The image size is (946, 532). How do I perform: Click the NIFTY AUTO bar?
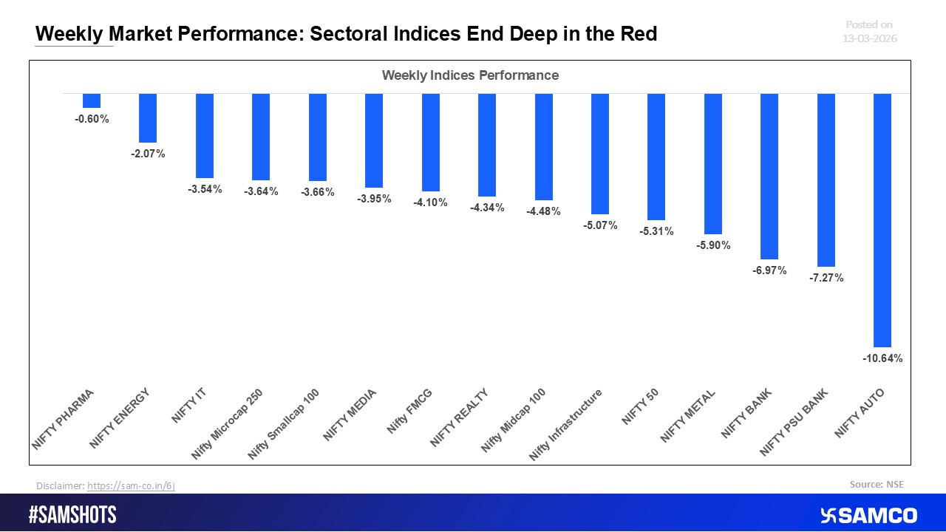coord(882,220)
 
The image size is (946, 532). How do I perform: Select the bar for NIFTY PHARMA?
coord(92,101)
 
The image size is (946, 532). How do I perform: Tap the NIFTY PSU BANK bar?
coord(826,180)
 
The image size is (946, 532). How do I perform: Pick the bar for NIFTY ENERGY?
coord(148,118)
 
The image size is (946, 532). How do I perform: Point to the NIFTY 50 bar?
coord(656,157)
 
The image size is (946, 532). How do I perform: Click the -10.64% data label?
coord(882,358)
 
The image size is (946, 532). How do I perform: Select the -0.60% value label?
coord(92,119)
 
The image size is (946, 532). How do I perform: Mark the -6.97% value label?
coord(769,271)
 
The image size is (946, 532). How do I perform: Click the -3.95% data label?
coord(374,199)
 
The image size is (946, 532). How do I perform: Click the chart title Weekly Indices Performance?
coord(470,75)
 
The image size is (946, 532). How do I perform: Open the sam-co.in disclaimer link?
coord(131,485)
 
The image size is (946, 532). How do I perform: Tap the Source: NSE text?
coord(877,485)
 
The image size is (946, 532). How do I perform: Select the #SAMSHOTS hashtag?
coord(72,515)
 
